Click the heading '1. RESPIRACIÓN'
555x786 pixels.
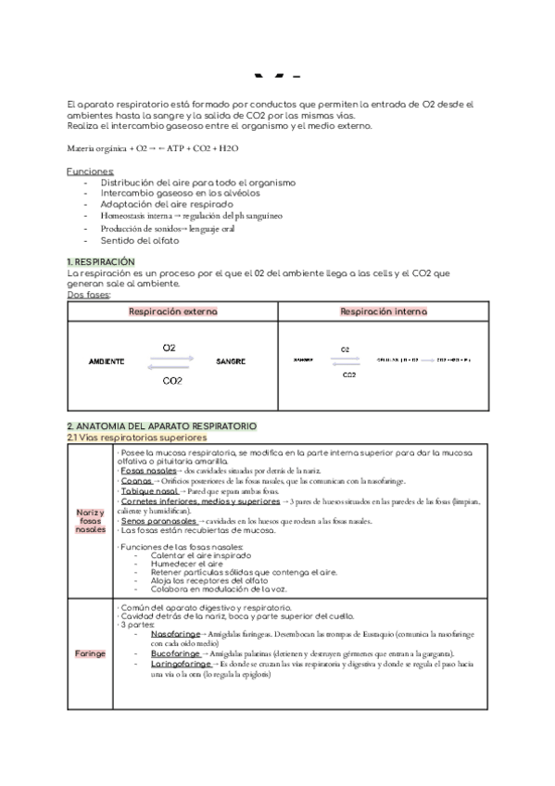click(x=102, y=263)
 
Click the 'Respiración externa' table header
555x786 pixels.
click(x=173, y=312)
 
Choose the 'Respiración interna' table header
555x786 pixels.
click(x=385, y=312)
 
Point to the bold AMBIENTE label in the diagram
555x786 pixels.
click(x=107, y=360)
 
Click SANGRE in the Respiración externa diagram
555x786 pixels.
click(x=231, y=360)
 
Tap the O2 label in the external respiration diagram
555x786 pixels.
click(x=170, y=347)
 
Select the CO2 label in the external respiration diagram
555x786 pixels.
click(x=171, y=380)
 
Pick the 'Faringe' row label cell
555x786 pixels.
click(x=90, y=653)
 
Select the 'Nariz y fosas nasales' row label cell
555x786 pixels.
click(x=90, y=522)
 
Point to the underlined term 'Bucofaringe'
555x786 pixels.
click(x=176, y=653)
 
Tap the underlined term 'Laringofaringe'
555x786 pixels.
click(x=182, y=665)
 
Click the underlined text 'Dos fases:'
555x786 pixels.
click(x=89, y=295)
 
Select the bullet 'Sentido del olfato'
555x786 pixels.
click(x=140, y=239)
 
